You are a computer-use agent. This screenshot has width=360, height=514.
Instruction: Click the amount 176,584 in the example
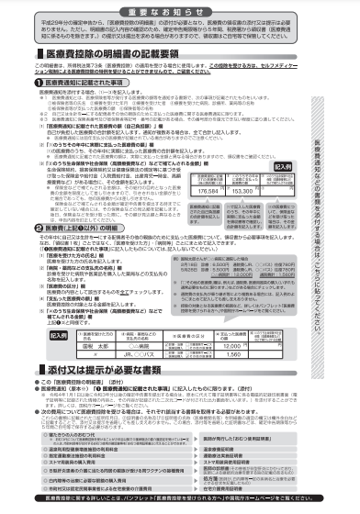(235, 194)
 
